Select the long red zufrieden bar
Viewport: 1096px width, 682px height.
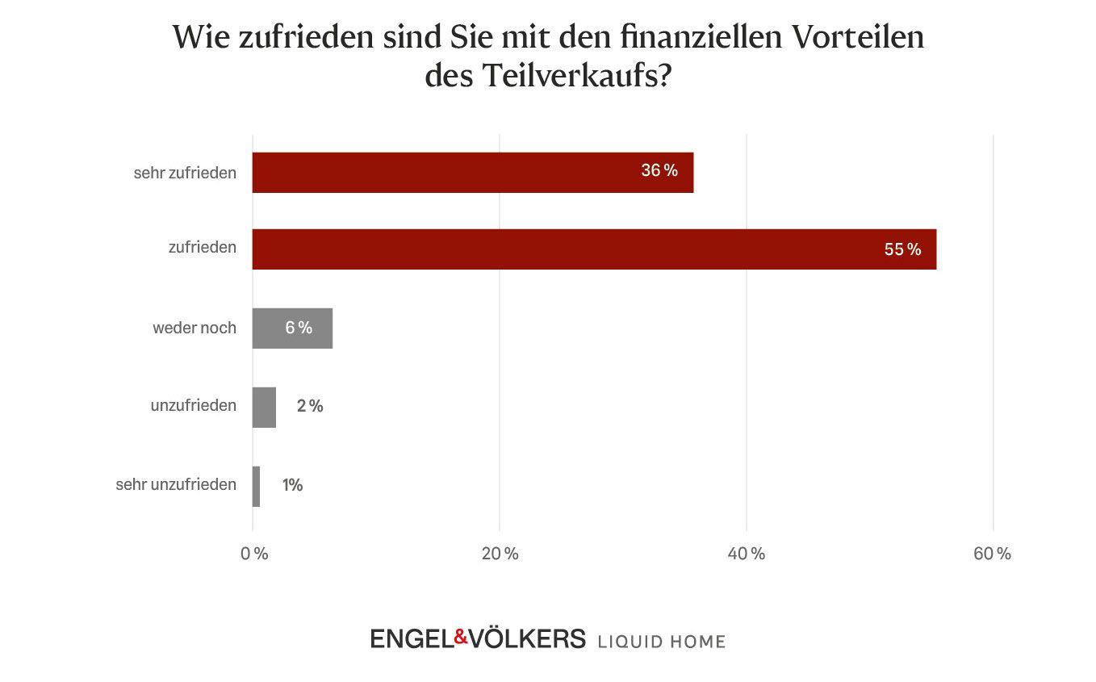[565, 249]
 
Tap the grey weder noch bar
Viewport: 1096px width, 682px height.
[274, 328]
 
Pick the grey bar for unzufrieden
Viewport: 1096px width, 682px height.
[264, 407]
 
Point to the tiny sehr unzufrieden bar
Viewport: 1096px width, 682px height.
[256, 486]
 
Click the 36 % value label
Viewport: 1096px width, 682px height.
[659, 170]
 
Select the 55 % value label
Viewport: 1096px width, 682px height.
[902, 249]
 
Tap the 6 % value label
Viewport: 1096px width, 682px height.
[299, 328]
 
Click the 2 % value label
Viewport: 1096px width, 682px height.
[310, 406]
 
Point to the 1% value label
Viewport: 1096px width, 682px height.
[292, 485]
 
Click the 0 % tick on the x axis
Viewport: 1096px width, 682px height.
[254, 554]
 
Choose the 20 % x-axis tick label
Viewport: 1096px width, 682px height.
[500, 554]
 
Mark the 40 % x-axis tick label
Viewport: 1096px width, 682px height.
[747, 554]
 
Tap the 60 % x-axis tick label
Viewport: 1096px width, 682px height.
[992, 554]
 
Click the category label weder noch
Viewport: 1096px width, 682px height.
[195, 328]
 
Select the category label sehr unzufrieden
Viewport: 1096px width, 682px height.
[176, 485]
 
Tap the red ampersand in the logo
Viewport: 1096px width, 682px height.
[461, 638]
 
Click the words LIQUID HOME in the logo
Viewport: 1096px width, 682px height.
[661, 642]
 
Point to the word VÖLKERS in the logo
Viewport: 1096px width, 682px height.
[527, 638]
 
